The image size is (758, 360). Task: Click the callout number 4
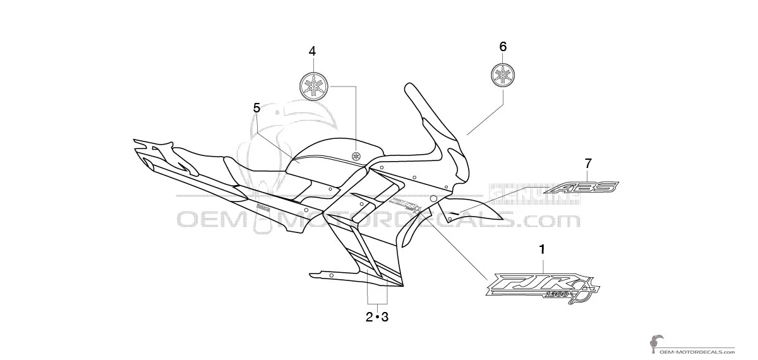point(312,51)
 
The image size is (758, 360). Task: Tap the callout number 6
point(503,46)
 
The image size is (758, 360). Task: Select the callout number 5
point(256,107)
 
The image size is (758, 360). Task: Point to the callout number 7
point(589,162)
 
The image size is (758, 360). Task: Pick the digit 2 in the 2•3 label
point(369,317)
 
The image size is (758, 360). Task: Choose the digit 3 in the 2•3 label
point(384,317)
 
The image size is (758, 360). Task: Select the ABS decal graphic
point(582,187)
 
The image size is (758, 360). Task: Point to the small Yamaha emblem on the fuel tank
point(358,155)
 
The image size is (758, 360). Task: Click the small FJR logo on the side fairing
point(404,206)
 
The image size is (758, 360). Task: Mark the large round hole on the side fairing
point(433,198)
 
